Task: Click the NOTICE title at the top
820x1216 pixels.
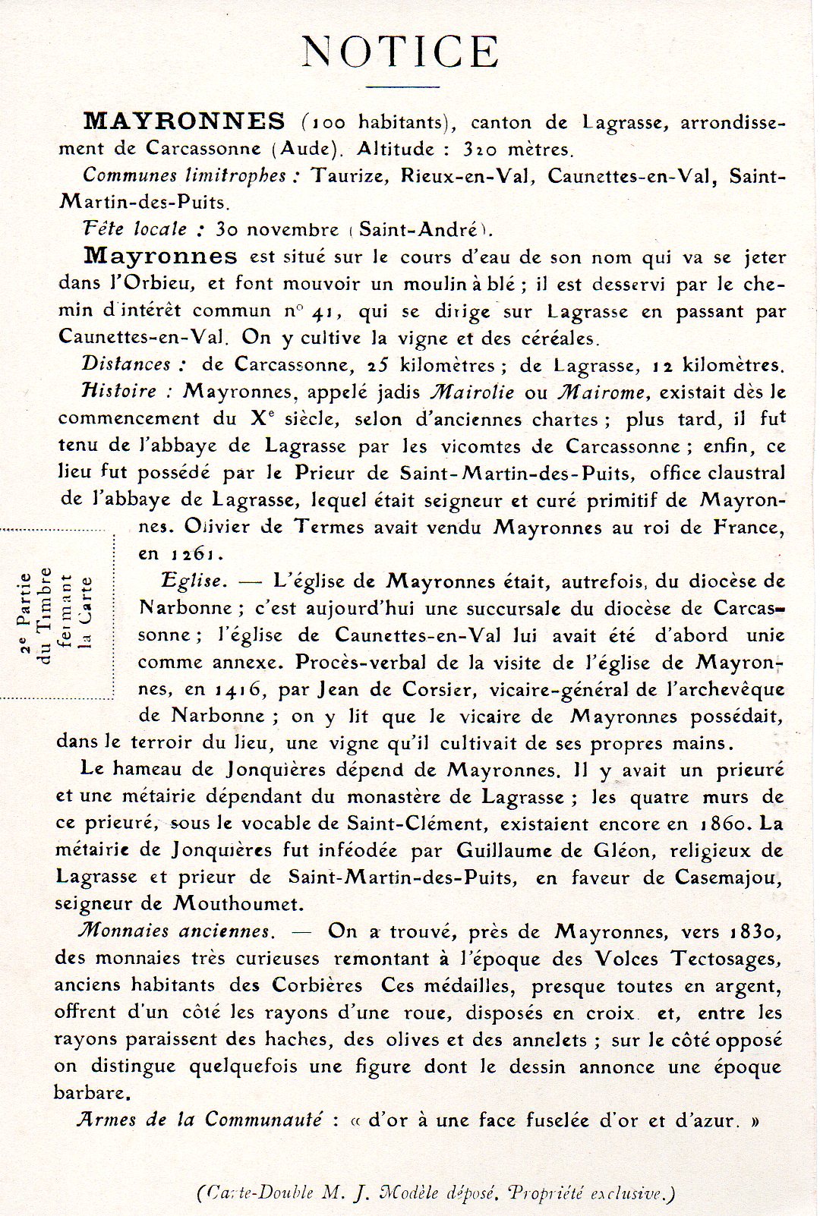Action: [x=400, y=52]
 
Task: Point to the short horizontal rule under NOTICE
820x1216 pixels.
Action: [x=402, y=87]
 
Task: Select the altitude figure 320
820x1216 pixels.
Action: [x=481, y=149]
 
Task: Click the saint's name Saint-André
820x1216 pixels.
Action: [x=419, y=229]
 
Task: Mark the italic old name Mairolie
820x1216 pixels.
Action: [x=471, y=392]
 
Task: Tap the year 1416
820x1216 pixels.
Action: [x=238, y=689]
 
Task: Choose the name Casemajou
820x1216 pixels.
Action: [x=726, y=877]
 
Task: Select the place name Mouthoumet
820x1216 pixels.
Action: [x=238, y=904]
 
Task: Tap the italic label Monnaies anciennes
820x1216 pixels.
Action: [x=175, y=931]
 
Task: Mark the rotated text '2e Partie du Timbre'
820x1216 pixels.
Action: [x=36, y=615]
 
